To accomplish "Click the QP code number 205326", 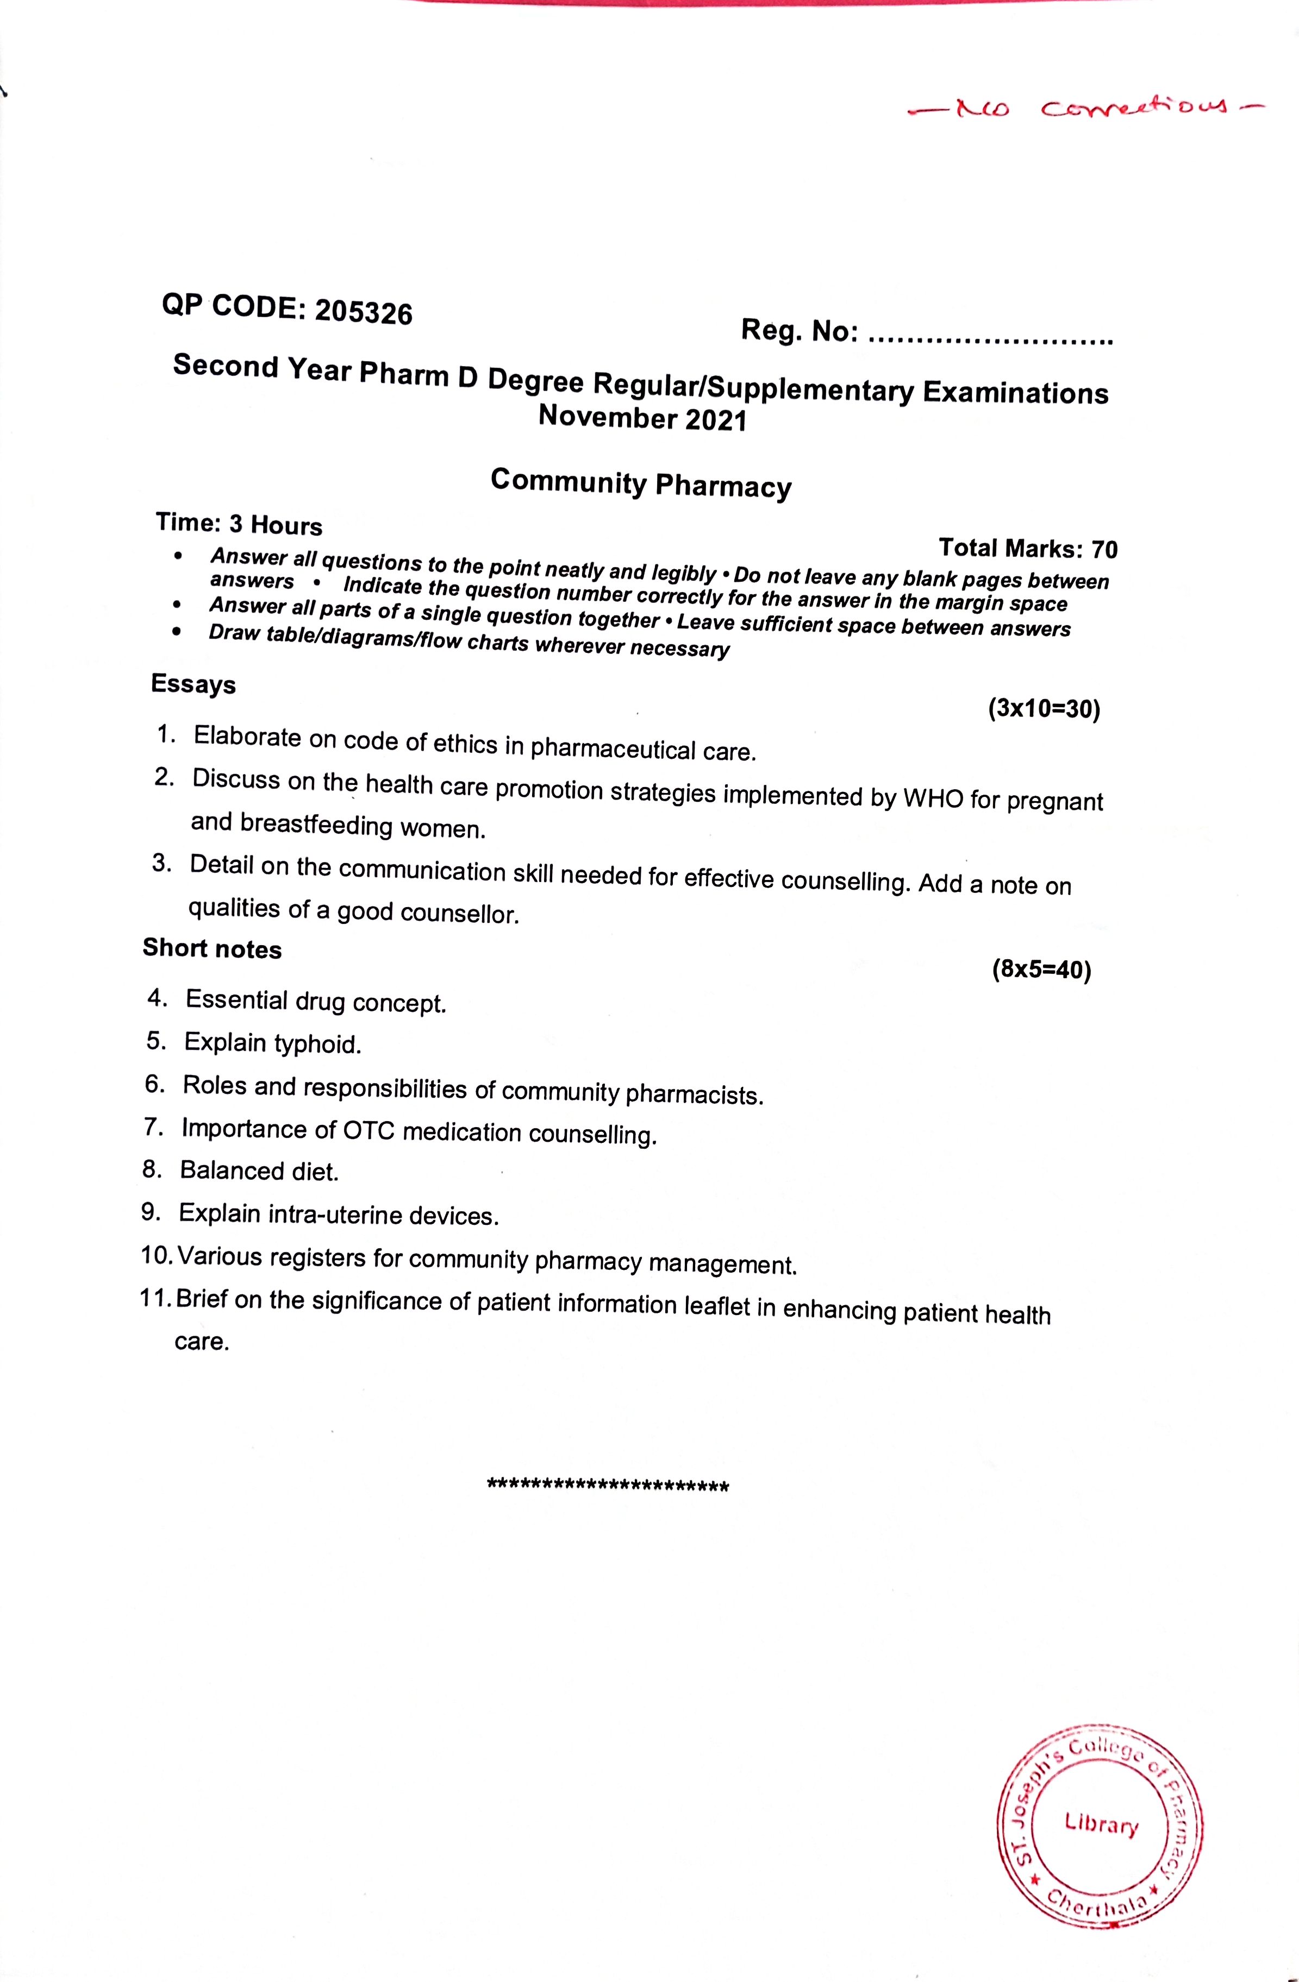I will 364,312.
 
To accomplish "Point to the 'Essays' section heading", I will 193,684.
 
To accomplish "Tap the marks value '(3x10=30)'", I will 1044,709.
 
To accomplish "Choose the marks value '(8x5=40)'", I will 1041,970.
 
